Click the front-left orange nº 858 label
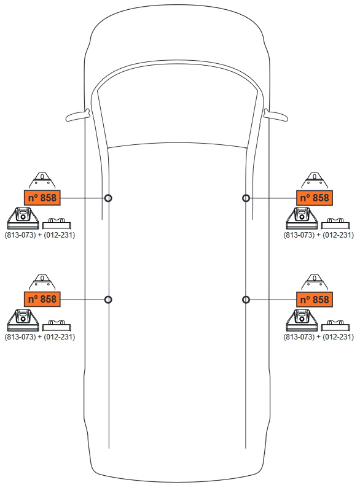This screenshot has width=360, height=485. (42, 198)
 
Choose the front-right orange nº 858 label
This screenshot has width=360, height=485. (315, 198)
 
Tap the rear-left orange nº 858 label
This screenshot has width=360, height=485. (42, 300)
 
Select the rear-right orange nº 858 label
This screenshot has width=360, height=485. (315, 300)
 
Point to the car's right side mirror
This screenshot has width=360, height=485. (276, 115)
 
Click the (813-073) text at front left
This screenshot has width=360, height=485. (20, 235)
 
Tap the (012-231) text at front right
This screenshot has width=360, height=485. (338, 235)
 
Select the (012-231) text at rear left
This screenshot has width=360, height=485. (60, 336)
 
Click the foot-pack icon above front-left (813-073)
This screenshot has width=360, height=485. (23, 219)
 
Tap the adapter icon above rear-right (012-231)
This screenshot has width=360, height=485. (335, 326)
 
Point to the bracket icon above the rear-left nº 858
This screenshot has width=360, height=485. (42, 282)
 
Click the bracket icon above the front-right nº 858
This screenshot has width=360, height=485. (315, 181)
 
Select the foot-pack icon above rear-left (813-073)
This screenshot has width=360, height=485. (23, 320)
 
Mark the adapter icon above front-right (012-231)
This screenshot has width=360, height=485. (335, 223)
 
